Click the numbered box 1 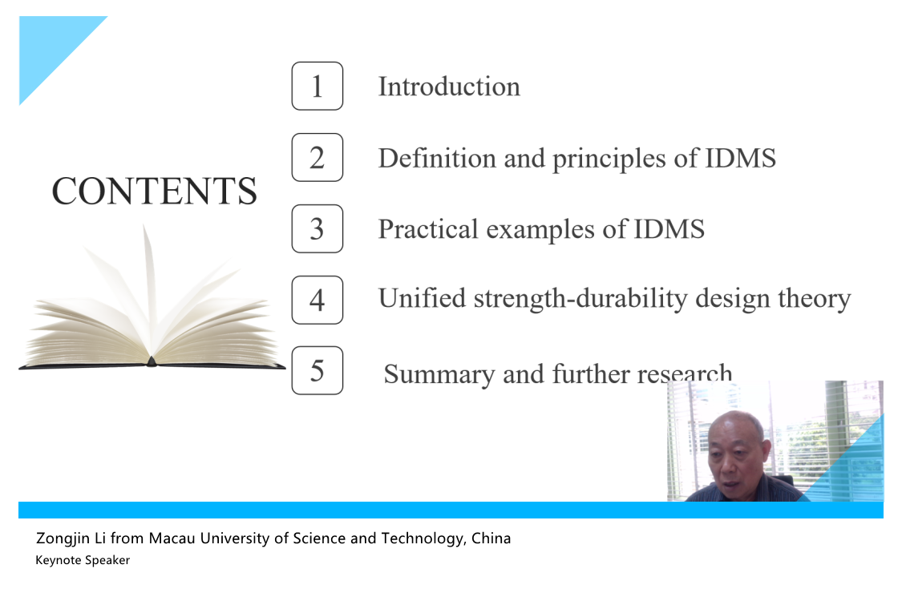[317, 86]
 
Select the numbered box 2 [317, 158]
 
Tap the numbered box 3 [317, 229]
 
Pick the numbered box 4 [317, 300]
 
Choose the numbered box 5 [317, 370]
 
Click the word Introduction [449, 87]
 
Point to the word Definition [437, 158]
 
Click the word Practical [428, 229]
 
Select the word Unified [423, 298]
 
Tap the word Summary [439, 374]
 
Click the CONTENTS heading [154, 191]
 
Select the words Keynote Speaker [83, 560]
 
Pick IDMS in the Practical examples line [669, 229]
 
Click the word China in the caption [491, 539]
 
